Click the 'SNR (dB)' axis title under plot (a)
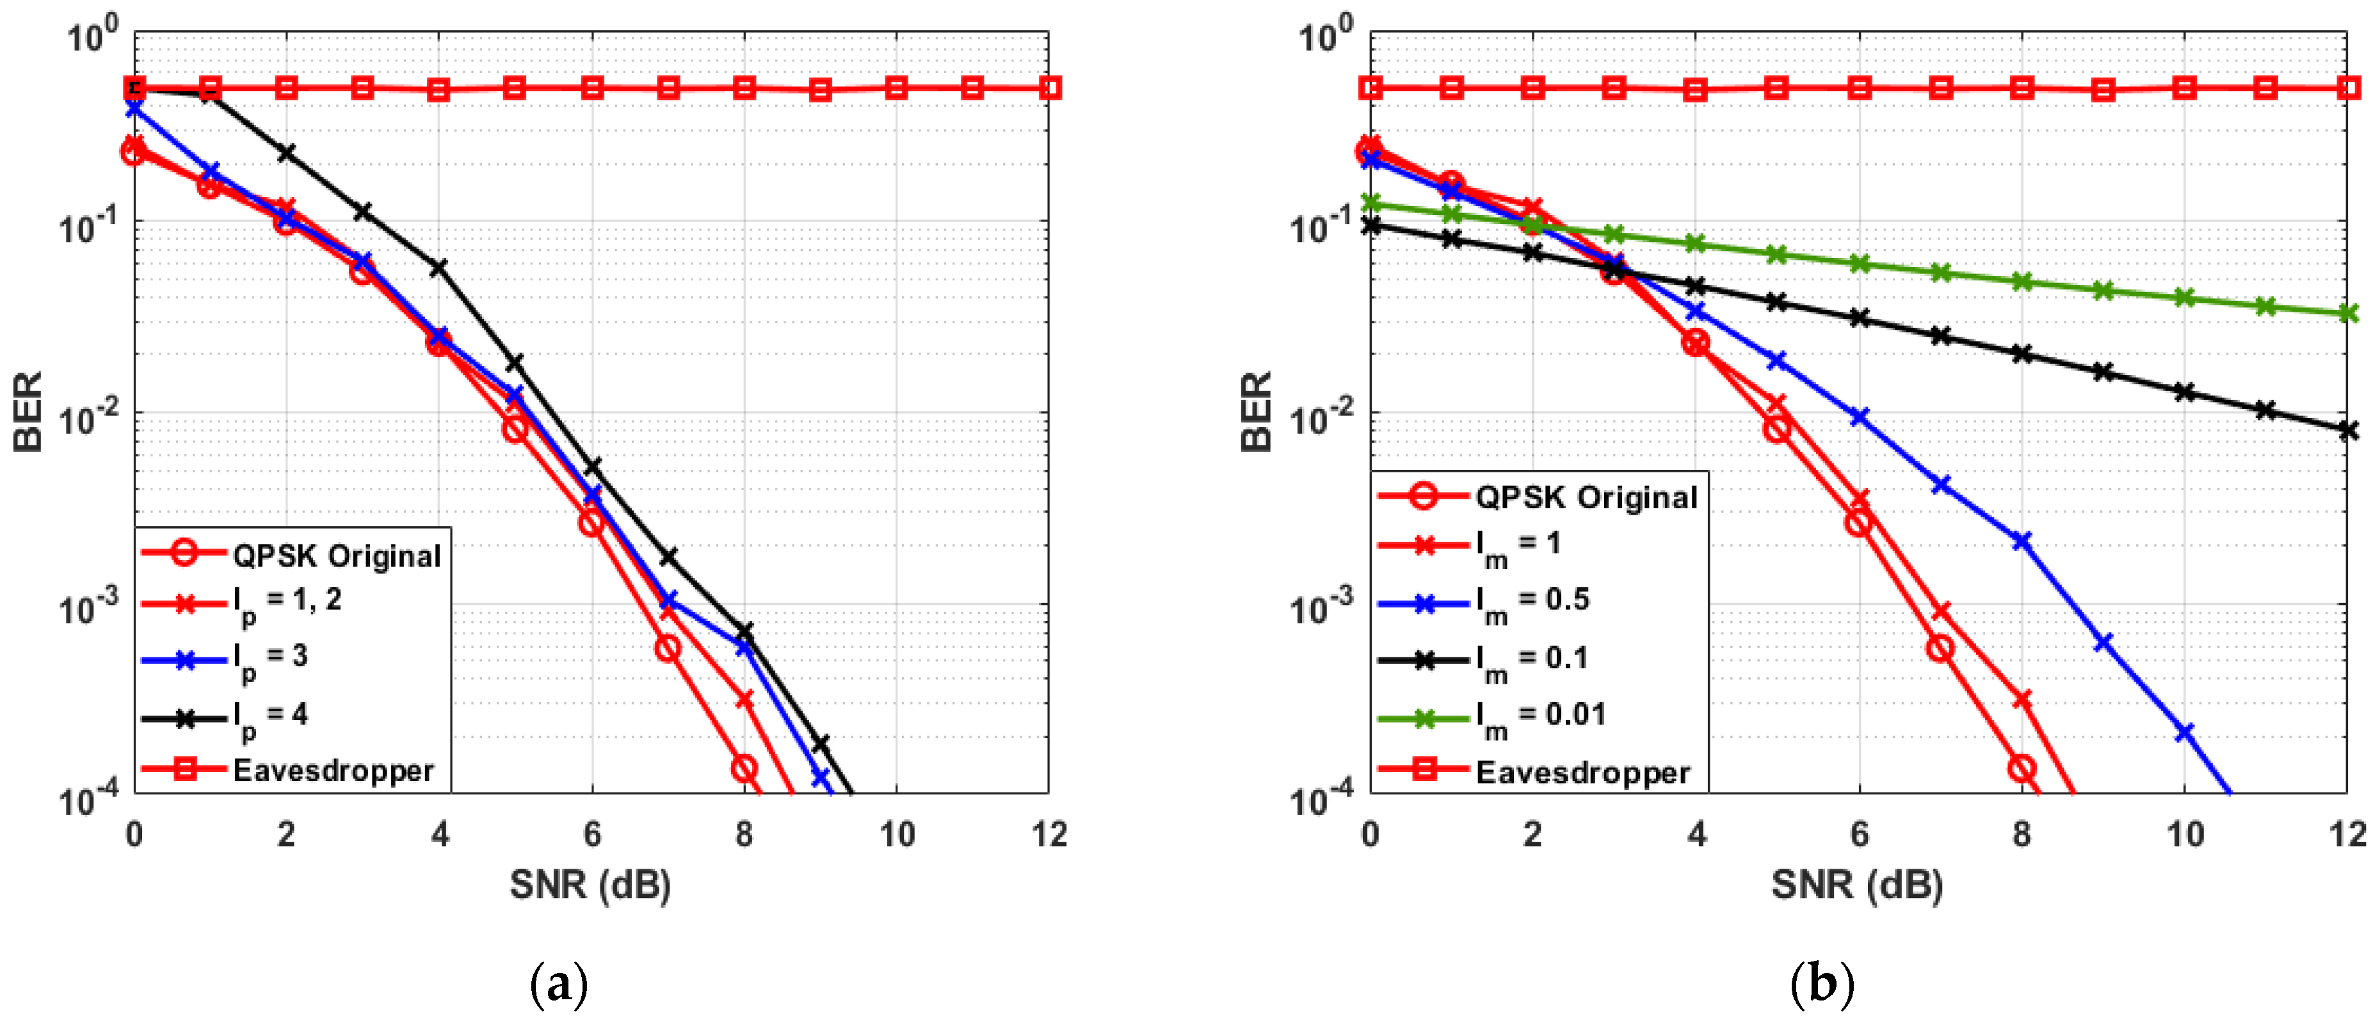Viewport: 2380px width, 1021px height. (590, 885)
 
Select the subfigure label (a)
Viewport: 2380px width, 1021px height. (559, 985)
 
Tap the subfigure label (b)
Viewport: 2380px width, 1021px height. (1822, 985)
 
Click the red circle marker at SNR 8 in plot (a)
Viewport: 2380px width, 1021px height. (744, 768)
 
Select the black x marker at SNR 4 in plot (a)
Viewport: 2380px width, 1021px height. (439, 268)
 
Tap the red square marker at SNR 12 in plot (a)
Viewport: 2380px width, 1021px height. (1049, 88)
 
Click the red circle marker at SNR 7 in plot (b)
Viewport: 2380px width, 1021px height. (1940, 648)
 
